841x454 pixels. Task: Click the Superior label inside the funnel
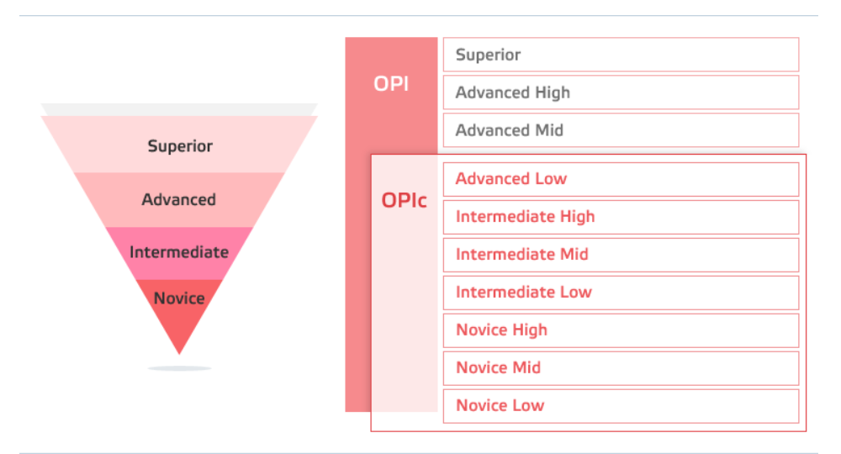[x=180, y=145]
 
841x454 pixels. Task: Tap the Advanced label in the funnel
[x=178, y=199]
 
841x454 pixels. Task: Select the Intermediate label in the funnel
[x=179, y=252]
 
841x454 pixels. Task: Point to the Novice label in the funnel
[x=179, y=298]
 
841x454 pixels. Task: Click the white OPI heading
[x=391, y=83]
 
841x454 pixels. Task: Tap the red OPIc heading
[x=404, y=200]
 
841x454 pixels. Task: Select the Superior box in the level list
[x=621, y=55]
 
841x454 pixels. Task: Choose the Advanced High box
[x=621, y=92]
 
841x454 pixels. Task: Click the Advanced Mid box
[x=621, y=130]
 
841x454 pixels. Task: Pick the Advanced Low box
[x=621, y=179]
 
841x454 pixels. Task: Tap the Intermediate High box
[x=621, y=217]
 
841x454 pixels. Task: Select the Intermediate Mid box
[x=621, y=255]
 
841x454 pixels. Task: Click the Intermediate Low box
[x=621, y=293]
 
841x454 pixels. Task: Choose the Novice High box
[x=621, y=330]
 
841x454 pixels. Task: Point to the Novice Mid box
[x=621, y=368]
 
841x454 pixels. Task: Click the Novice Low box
[x=621, y=406]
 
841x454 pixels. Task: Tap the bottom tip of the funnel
[x=179, y=354]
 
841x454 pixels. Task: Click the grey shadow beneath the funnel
[x=179, y=368]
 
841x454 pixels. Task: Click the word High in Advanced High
[x=553, y=92]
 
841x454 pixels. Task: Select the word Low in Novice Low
[x=528, y=405]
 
